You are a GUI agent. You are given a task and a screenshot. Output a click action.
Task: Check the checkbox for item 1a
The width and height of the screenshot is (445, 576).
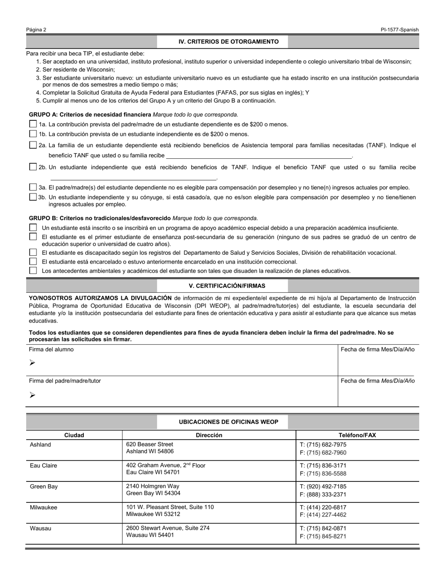coord(33,124)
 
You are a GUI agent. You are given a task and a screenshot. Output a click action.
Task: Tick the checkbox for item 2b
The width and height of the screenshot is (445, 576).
coord(33,167)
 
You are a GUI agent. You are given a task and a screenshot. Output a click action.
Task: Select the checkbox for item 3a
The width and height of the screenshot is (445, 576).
coord(33,187)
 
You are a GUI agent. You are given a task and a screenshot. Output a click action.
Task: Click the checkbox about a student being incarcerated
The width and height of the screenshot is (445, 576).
coord(33,262)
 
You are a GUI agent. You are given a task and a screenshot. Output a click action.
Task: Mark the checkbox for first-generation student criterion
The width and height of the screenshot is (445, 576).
coord(33,237)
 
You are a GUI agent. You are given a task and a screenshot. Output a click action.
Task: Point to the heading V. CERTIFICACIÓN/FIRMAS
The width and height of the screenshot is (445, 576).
coord(222,286)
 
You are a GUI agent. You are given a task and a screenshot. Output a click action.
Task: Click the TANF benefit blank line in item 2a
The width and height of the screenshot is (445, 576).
coord(259,155)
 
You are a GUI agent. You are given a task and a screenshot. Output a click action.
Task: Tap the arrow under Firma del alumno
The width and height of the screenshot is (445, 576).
coord(32,362)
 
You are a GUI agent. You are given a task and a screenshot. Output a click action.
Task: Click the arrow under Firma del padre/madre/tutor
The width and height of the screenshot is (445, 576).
coord(32,395)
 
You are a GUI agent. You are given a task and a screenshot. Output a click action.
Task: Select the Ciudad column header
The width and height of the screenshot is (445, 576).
coord(74,435)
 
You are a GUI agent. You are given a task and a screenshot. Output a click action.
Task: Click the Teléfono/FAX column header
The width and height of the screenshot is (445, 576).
coord(357,435)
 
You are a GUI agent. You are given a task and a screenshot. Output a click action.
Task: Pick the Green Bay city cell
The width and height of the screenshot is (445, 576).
coord(44,487)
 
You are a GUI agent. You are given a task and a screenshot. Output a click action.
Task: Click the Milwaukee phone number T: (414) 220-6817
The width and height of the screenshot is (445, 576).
coord(323,507)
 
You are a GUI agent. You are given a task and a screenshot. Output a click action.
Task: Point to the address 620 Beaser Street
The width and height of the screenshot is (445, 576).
coord(149,444)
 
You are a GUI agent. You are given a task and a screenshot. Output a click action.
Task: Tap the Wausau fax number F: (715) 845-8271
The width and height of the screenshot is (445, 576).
coord(323,536)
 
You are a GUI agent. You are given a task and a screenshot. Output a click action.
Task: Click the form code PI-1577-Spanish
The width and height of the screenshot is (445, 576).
coord(400,30)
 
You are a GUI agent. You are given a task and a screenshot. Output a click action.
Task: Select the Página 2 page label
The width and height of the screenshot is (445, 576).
coord(37,30)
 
